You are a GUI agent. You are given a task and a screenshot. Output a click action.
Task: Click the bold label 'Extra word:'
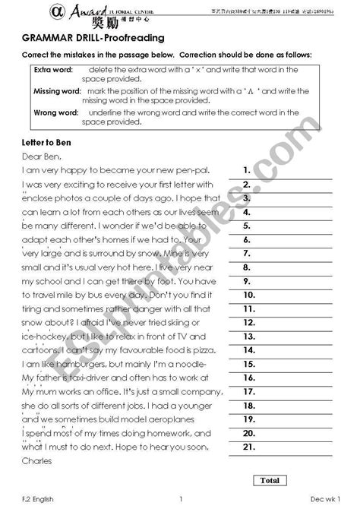click(52, 70)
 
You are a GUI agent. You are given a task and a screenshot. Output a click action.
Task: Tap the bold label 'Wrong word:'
click(56, 112)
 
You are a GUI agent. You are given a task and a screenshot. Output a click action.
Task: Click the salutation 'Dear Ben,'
click(40, 157)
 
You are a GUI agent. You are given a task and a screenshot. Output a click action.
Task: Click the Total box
click(270, 480)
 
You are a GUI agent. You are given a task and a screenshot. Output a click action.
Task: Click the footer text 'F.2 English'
click(37, 498)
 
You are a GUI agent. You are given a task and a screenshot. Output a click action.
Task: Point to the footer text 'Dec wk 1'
click(326, 498)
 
